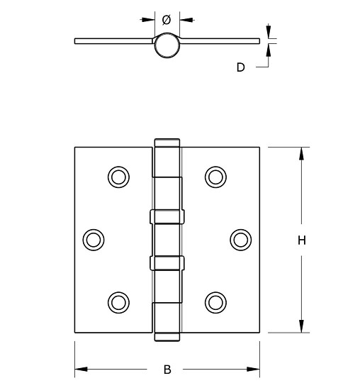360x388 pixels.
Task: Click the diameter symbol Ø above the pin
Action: point(167,18)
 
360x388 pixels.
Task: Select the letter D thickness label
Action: point(240,67)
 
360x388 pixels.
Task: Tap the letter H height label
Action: point(301,240)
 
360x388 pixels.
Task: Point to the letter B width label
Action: point(167,370)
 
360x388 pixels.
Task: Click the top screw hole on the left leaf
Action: point(118,176)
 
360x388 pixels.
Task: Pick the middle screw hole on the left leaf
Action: point(94,239)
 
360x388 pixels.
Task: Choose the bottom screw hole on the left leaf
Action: point(118,302)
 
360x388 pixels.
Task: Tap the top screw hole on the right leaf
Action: point(215,176)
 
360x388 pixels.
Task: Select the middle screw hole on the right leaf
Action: point(241,239)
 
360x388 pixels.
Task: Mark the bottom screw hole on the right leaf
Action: point(215,302)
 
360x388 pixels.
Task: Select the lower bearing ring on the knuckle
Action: point(167,263)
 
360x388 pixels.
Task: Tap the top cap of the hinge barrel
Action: point(167,142)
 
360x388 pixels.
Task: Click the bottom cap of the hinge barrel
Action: point(167,336)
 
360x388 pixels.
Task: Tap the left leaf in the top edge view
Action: point(113,40)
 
